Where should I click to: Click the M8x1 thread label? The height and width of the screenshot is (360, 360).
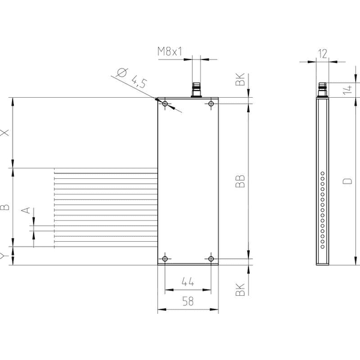[x=170, y=52]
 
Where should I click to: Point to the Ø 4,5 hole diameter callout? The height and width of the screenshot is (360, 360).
[x=131, y=78]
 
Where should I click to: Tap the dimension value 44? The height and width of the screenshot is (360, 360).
[x=188, y=281]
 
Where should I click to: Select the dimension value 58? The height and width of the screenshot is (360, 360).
[x=188, y=301]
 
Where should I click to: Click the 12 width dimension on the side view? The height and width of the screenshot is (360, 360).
[x=322, y=54]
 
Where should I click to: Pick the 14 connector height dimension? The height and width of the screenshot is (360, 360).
[x=347, y=90]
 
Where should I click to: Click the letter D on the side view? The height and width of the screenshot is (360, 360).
[x=347, y=181]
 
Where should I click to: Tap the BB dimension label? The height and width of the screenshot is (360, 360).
[x=240, y=181]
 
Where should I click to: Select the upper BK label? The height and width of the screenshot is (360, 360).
[x=240, y=79]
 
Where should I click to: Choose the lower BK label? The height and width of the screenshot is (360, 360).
[x=240, y=290]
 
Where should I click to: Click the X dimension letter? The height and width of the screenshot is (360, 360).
[x=5, y=133]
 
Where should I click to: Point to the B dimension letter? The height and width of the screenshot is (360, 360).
[x=5, y=207]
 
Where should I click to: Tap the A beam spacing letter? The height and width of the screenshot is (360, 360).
[x=26, y=210]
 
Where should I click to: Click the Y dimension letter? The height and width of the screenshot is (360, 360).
[x=3, y=256]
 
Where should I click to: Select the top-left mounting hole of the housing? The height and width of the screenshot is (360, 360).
[x=165, y=104]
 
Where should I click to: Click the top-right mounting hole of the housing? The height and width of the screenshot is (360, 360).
[x=211, y=104]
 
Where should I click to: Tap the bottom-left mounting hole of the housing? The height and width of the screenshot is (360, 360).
[x=165, y=259]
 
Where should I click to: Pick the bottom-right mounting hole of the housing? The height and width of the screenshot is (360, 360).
[x=211, y=259]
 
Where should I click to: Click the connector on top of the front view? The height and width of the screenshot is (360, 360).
[x=196, y=90]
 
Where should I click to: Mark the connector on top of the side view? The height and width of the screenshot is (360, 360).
[x=322, y=90]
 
